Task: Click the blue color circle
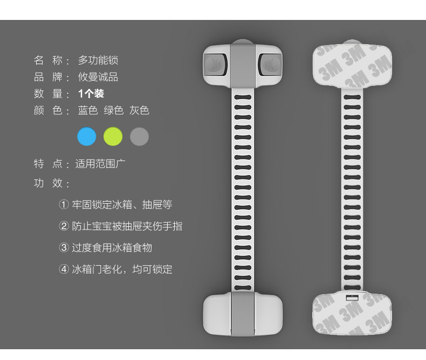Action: pos(86,136)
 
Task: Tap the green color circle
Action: pos(113,136)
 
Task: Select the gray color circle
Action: pos(139,136)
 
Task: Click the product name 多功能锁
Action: pos(98,60)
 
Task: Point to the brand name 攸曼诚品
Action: pos(98,77)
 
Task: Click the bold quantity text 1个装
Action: pos(91,94)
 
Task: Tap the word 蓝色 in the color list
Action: pos(87,110)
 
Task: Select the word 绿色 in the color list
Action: pos(113,110)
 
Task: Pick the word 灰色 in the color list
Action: pos(139,110)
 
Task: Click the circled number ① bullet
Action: pos(64,205)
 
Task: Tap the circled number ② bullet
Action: pos(64,226)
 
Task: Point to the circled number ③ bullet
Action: pos(64,248)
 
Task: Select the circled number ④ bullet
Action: pos(64,269)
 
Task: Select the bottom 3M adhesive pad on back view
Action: pos(352,314)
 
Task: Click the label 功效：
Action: pos(52,184)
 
